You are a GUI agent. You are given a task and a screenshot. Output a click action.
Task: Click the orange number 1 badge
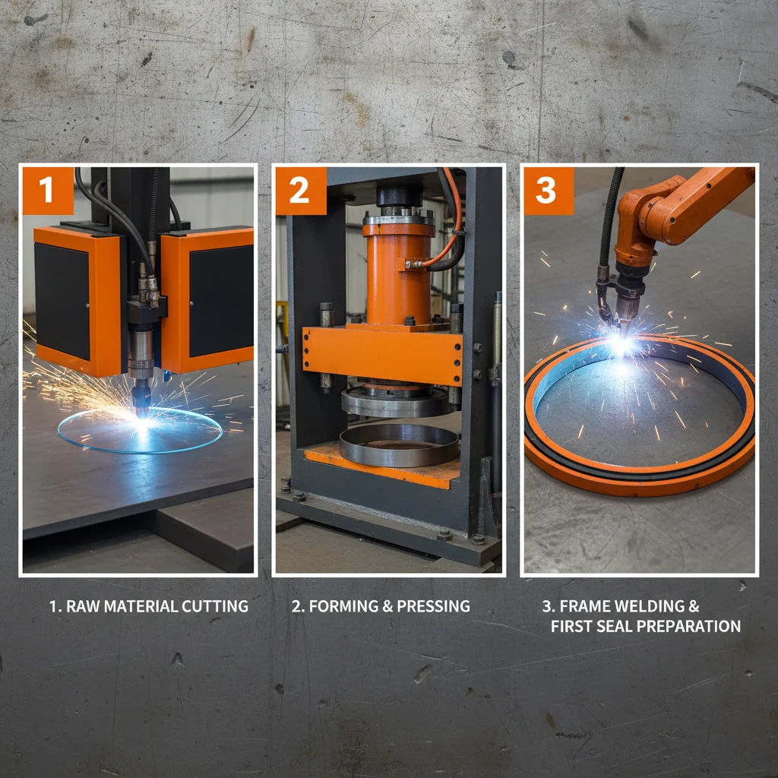(48, 190)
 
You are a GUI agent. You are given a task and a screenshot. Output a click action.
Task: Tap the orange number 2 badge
(299, 190)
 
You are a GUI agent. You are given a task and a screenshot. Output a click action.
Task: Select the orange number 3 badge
(546, 190)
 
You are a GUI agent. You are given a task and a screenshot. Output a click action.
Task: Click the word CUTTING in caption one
(215, 606)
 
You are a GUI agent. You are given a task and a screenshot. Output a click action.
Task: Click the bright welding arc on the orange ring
(621, 345)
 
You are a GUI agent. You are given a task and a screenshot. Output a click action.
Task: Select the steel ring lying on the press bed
(398, 445)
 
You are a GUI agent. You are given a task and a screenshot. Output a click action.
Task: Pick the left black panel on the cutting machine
(62, 301)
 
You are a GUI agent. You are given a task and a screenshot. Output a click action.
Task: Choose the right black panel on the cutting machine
(220, 301)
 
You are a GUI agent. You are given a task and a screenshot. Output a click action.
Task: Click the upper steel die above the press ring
(395, 403)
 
